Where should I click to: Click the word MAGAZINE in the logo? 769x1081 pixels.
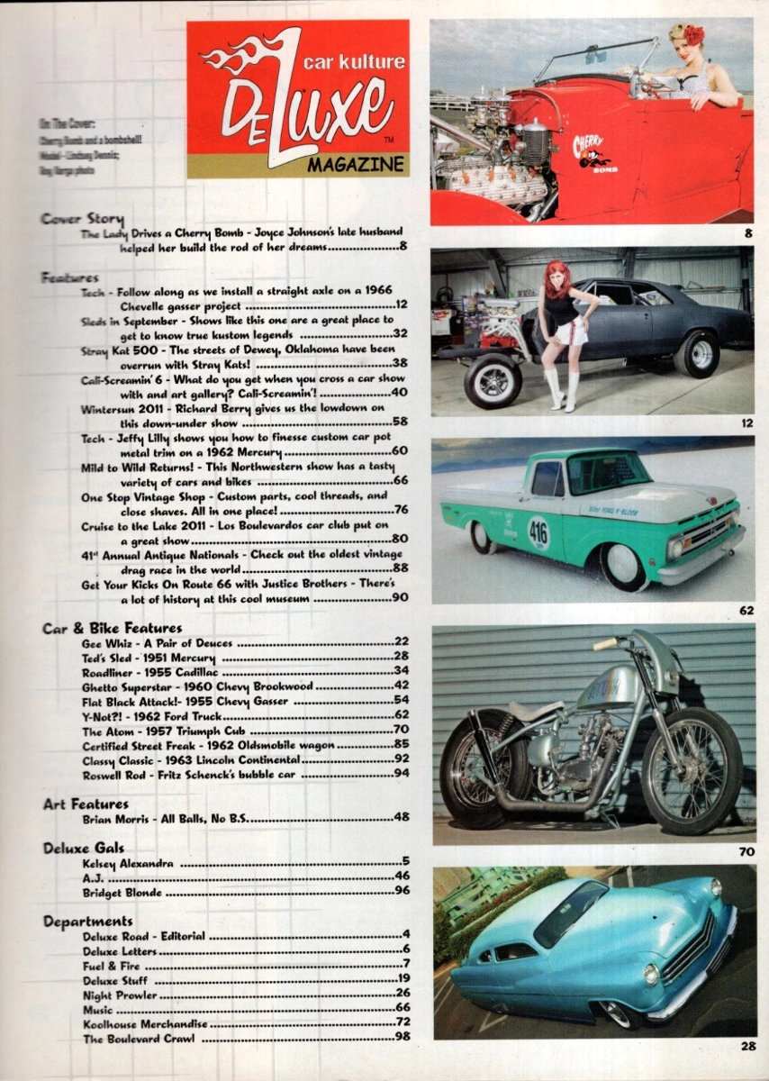(x=355, y=166)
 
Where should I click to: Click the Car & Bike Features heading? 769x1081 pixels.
(x=112, y=627)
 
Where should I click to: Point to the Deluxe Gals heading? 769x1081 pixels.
(x=84, y=848)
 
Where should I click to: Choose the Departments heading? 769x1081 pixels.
(x=87, y=922)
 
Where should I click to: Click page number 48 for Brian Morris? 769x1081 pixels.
(x=403, y=819)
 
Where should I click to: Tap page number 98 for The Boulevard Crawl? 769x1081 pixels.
(x=403, y=1039)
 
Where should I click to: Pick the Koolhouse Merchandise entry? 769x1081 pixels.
(x=145, y=1024)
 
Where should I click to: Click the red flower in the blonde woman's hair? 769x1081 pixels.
(x=692, y=35)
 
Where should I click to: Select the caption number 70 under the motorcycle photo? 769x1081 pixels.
(x=746, y=850)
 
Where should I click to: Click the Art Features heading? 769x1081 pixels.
(x=86, y=804)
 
